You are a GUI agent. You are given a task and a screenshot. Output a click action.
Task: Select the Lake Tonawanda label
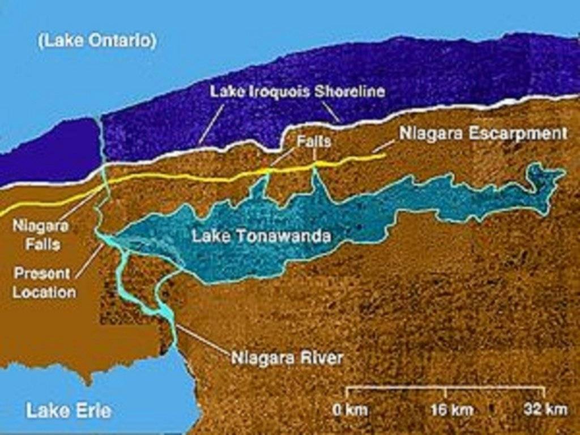coord(261,236)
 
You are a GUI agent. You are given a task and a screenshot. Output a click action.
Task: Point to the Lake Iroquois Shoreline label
coord(297,91)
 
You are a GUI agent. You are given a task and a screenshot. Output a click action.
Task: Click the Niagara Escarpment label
coord(483,134)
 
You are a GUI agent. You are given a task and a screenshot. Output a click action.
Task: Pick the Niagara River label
coord(287,358)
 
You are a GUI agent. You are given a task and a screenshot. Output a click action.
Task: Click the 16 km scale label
coord(445,410)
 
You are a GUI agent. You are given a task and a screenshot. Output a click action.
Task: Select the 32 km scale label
coord(545,410)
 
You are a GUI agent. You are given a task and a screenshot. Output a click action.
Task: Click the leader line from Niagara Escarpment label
coord(385,148)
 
